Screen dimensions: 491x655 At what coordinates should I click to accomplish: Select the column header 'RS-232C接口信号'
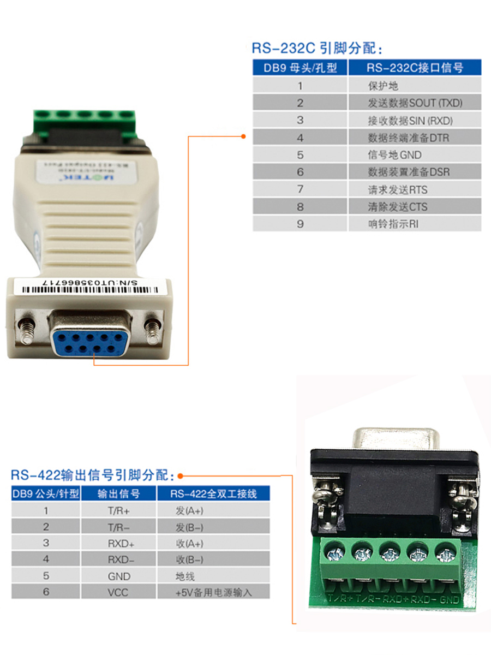coord(415,68)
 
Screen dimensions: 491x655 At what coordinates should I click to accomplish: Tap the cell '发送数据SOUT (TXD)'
coord(415,103)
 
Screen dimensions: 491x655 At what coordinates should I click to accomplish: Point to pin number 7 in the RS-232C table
coord(300,189)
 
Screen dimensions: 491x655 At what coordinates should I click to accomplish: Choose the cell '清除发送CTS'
coord(397,206)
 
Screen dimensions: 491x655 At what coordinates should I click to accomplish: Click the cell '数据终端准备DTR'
coord(408,138)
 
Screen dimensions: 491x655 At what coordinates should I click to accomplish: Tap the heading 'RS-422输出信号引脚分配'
coord(93,474)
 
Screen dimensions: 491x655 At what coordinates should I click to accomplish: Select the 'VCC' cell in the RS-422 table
coord(118,592)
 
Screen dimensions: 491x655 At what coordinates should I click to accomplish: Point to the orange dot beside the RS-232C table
coord(243,136)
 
